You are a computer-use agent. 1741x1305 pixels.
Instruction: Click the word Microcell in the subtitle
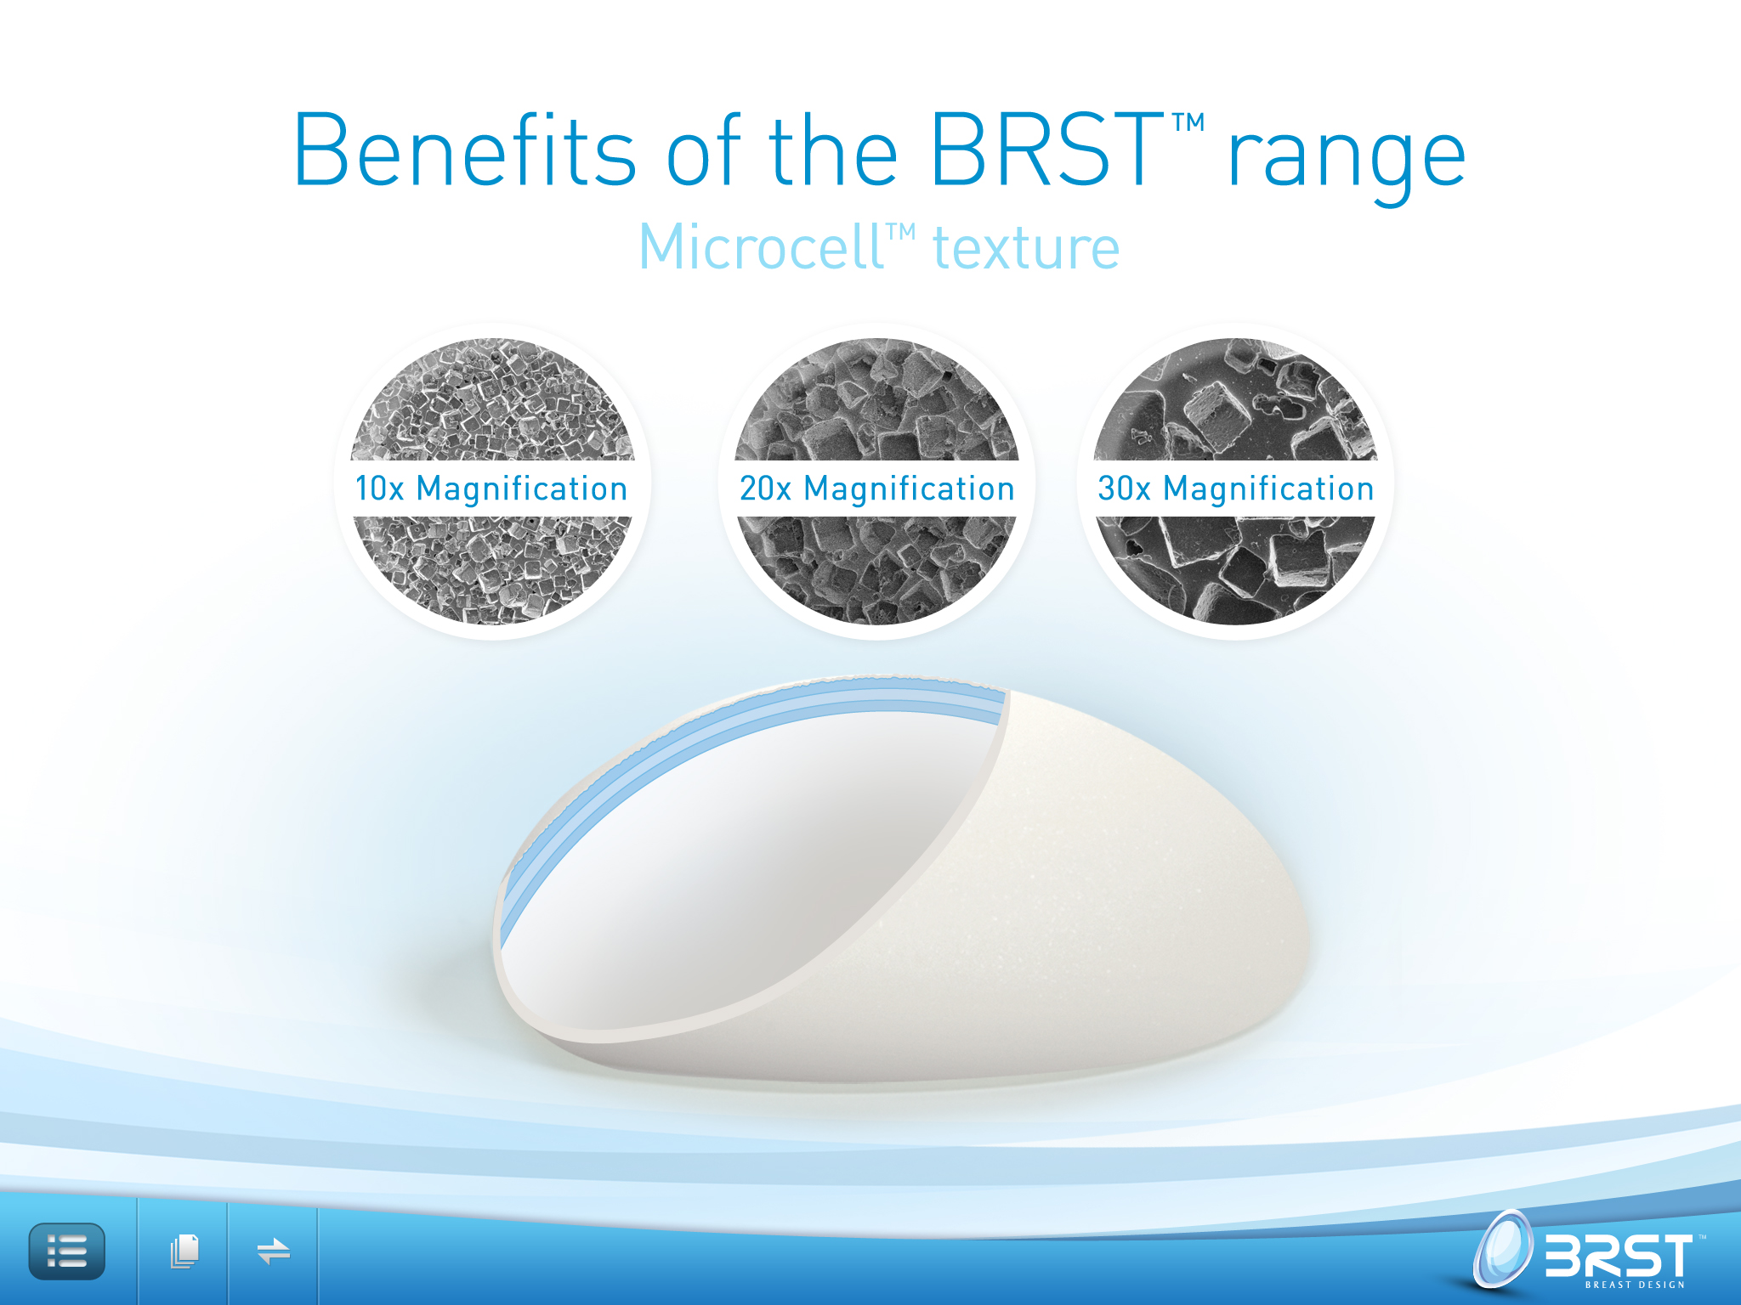tap(761, 247)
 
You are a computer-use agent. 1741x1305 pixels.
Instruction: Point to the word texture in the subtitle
tap(1026, 248)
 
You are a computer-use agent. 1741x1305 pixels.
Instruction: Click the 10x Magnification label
tap(491, 489)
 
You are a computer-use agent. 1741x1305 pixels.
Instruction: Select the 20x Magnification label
tap(877, 489)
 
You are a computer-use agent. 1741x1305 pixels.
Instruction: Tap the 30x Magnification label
tap(1236, 489)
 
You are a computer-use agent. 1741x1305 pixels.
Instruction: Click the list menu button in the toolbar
tap(67, 1251)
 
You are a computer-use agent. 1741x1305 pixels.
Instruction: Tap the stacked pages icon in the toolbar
tap(184, 1251)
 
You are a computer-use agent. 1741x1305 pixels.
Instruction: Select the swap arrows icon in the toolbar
tap(274, 1251)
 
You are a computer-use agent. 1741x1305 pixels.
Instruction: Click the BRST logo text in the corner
tap(1619, 1255)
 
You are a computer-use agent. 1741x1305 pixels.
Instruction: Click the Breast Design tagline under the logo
tap(1635, 1285)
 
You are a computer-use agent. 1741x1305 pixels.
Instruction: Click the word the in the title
tap(833, 150)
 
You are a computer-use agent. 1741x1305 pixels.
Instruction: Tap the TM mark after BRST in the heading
tap(1188, 122)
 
